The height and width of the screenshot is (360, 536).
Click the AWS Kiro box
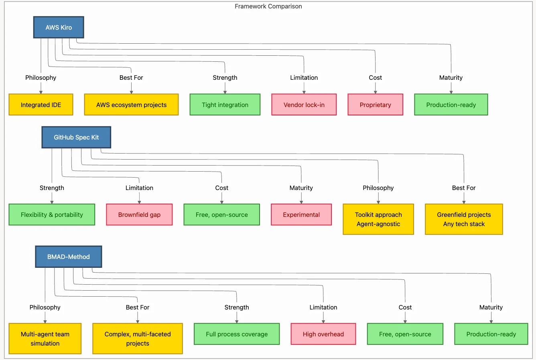pyautogui.click(x=59, y=27)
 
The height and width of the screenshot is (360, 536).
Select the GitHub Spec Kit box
pyautogui.click(x=76, y=137)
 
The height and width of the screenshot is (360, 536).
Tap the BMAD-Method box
pyautogui.click(x=68, y=257)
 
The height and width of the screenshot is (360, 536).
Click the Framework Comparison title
pyautogui.click(x=268, y=6)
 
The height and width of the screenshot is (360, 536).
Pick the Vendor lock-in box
pyautogui.click(x=304, y=105)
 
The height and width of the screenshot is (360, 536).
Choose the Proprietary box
pyautogui.click(x=375, y=105)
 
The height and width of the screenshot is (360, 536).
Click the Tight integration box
pyautogui.click(x=225, y=105)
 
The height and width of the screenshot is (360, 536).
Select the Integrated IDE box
pyautogui.click(x=41, y=105)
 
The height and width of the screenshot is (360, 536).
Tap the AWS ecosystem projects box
pyautogui.click(x=131, y=105)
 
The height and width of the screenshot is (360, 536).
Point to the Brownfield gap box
pyautogui.click(x=139, y=214)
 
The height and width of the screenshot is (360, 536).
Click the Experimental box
pyautogui.click(x=301, y=214)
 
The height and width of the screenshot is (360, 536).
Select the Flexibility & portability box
pyautogui.click(x=52, y=214)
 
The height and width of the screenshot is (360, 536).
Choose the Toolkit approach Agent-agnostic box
pyautogui.click(x=378, y=219)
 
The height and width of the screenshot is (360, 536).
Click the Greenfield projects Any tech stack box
pyautogui.click(x=464, y=219)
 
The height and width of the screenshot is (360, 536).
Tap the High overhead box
pyautogui.click(x=323, y=334)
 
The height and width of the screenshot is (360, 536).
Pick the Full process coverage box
pyautogui.click(x=237, y=334)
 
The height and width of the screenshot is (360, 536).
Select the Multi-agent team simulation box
pyautogui.click(x=45, y=339)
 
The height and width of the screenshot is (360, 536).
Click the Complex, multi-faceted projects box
pyautogui.click(x=138, y=339)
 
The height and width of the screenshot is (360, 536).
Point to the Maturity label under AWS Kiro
pyautogui.click(x=451, y=78)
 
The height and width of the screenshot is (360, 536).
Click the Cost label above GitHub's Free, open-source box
pyautogui.click(x=221, y=188)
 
